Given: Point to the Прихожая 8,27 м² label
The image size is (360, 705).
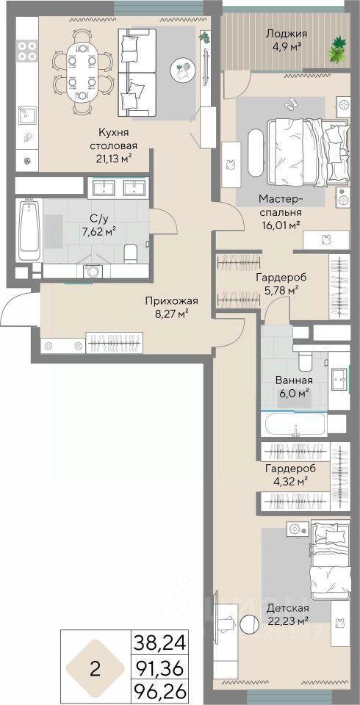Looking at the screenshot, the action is tap(171, 307).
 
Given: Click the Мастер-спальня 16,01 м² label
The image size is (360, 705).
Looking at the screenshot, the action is tap(279, 211).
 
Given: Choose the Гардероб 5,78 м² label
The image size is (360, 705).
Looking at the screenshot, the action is tap(277, 283).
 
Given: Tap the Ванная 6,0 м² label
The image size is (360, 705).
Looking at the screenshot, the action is tap(294, 386).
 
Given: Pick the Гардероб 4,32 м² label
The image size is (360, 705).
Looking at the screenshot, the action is tap(289, 474).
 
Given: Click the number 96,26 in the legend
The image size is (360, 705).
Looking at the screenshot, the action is tap(159, 693).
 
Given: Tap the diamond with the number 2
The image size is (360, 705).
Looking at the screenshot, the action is tap(95, 668).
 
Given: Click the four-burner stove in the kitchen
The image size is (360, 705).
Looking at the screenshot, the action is tap(27, 51).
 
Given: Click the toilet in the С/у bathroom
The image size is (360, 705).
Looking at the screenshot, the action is tap(130, 253).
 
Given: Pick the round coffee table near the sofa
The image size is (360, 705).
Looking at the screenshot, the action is tap(181, 68).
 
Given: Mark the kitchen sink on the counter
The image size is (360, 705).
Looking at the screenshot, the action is tap(26, 116).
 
